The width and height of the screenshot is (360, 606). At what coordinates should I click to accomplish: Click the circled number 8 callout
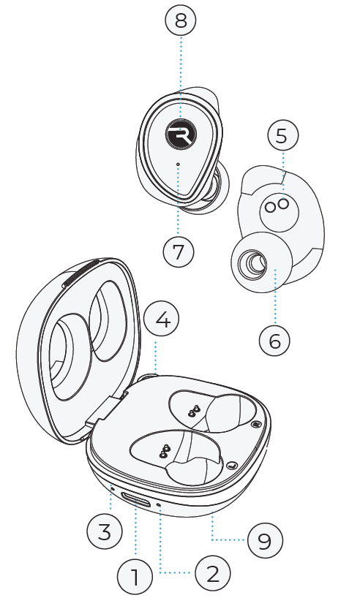181,21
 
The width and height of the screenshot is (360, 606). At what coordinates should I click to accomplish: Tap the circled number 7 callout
179,251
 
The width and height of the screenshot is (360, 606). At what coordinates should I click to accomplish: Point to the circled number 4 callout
162,320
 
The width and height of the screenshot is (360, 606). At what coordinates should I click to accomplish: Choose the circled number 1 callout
135,578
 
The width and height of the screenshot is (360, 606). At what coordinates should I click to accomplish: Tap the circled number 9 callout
263,541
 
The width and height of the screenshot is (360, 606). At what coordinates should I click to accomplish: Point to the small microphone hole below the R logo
179,163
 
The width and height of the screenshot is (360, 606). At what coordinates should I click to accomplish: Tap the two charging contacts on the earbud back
277,207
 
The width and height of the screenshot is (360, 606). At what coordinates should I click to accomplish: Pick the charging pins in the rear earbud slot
194,412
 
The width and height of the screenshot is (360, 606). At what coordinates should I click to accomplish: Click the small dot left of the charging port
111,487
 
